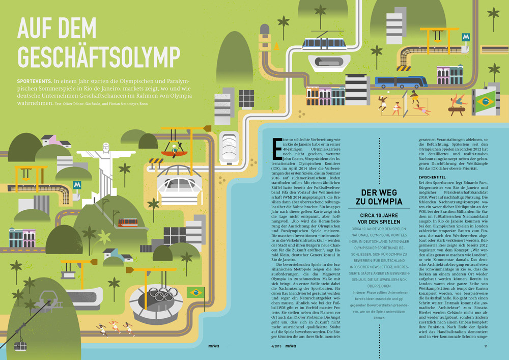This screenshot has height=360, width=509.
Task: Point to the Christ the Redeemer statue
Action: coord(106,166)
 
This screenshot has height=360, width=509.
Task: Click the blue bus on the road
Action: coord(401,81)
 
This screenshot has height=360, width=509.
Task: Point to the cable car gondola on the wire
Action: coord(21,345)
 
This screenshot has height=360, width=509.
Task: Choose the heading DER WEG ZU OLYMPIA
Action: coord(381,197)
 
